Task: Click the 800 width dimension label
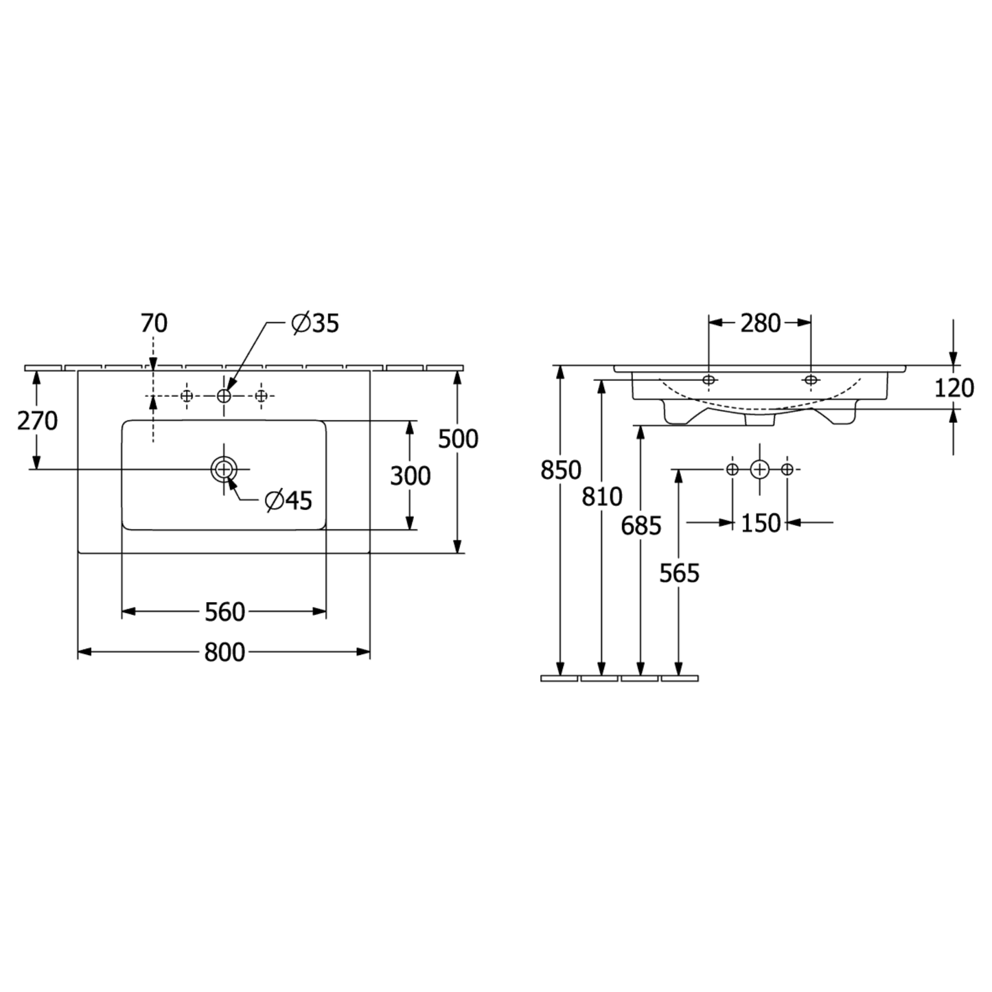pos(224,653)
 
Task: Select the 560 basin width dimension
pos(224,612)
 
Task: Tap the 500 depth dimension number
pos(458,439)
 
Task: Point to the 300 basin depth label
pos(411,476)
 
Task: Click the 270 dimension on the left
pos(38,421)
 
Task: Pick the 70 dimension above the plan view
pos(154,323)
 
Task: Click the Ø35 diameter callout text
pos(315,323)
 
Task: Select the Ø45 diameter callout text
pos(289,500)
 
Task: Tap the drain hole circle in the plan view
pos(223,469)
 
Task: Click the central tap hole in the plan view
pos(223,396)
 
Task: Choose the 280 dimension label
pos(761,323)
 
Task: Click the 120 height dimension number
pos(954,388)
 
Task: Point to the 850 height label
pos(561,470)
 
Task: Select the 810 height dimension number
pos(602,497)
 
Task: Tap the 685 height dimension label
pos(641,526)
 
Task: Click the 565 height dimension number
pos(679,573)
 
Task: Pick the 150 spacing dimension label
pos(761,524)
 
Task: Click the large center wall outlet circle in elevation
pos(759,469)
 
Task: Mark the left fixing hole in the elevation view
pos(709,380)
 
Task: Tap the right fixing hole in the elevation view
pos(811,380)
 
